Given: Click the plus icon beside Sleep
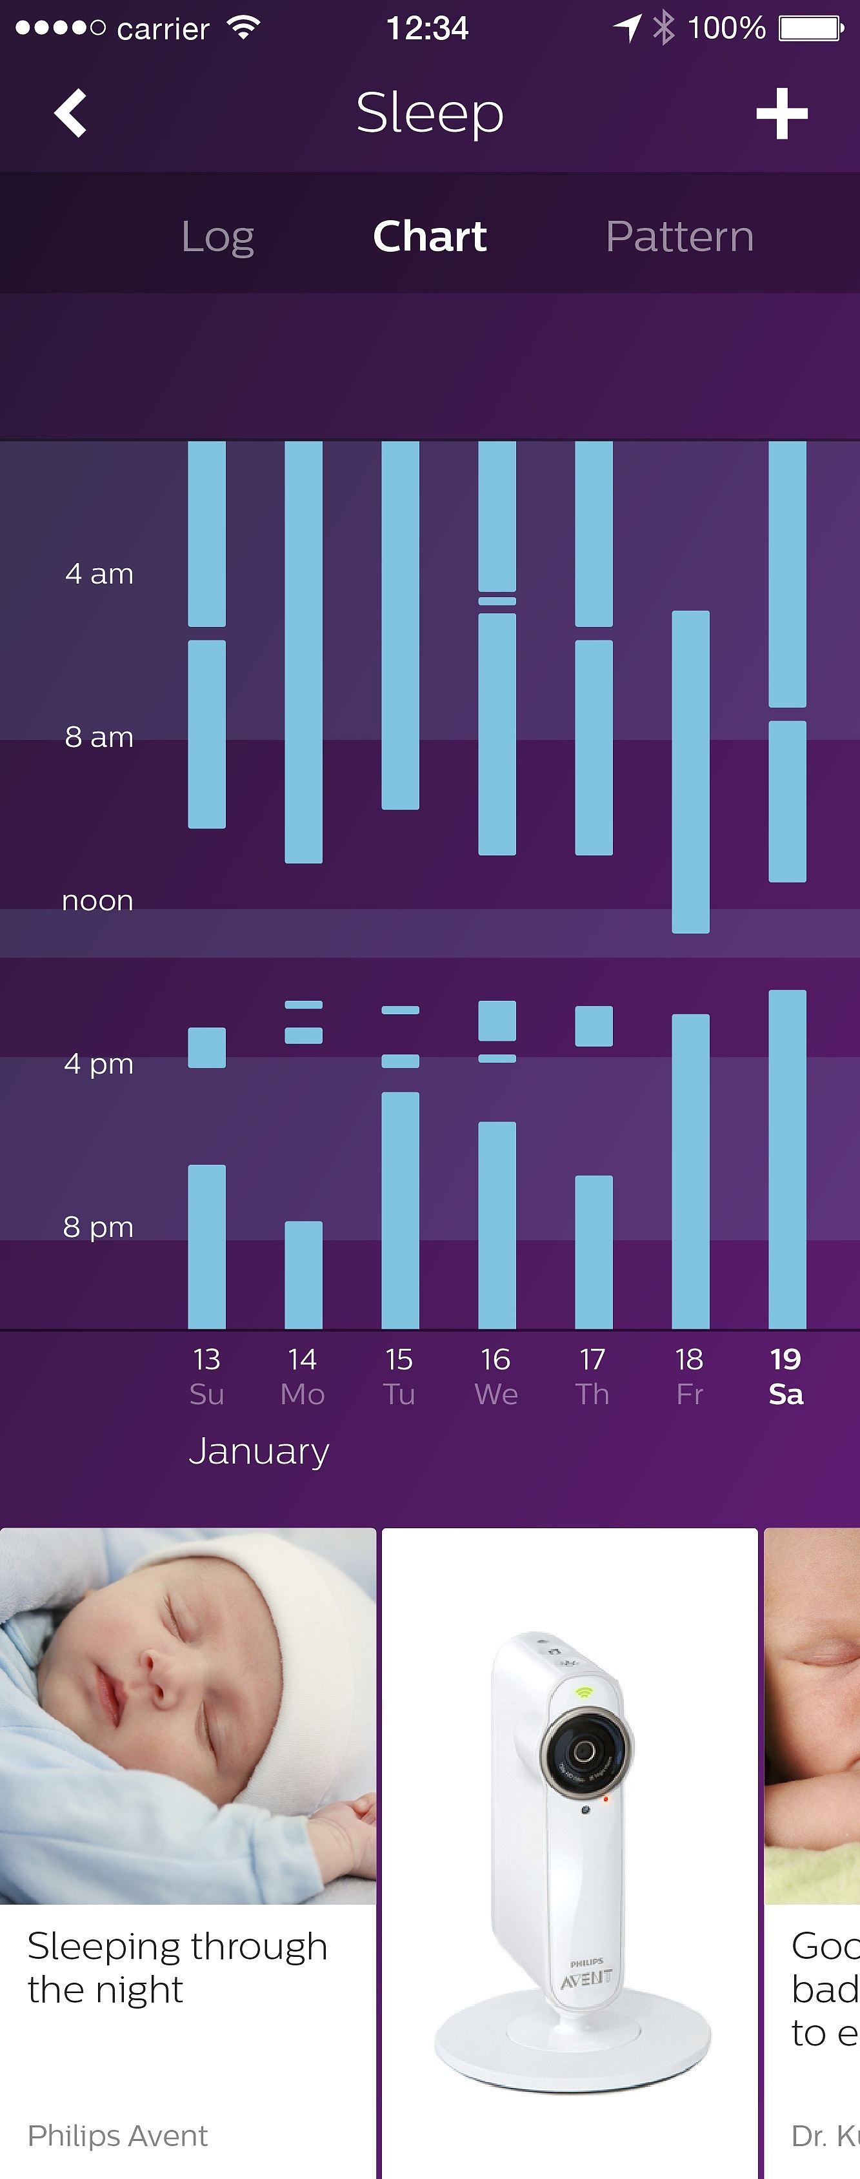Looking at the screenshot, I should click(781, 114).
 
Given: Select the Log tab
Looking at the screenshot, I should click(217, 236).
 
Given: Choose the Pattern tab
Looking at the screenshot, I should click(679, 236).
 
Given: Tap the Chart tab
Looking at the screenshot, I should click(430, 236).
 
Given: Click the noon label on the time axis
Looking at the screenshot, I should click(97, 901).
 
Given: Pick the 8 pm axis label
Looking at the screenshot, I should click(98, 1227).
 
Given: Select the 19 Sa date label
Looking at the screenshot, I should click(786, 1376).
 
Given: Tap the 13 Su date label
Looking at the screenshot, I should click(206, 1376).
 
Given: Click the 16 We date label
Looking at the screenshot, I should click(496, 1376).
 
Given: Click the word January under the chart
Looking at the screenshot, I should click(259, 1451).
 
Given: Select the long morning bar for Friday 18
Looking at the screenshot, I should click(690, 772).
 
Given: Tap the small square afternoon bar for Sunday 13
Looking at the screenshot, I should click(206, 1047).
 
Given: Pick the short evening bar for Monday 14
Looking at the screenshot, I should click(303, 1274).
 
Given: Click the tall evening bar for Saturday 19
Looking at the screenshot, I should click(786, 1159).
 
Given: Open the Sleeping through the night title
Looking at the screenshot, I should click(177, 1967).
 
